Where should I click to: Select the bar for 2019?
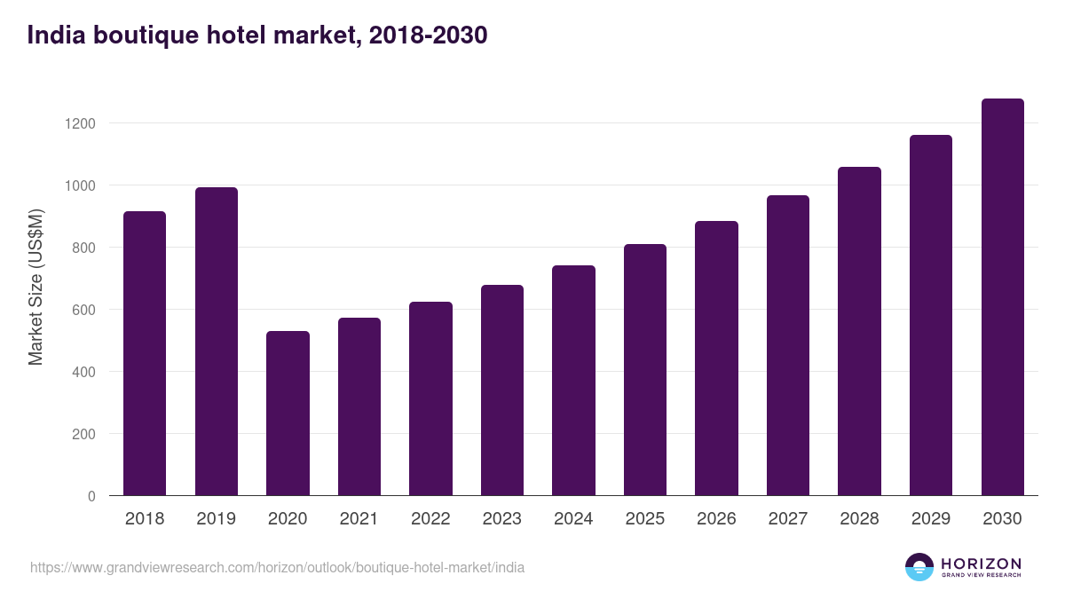pos(217,342)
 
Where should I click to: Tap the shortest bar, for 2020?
pos(288,414)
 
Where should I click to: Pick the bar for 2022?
pos(430,398)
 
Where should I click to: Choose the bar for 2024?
pos(573,381)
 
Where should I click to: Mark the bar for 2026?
pos(716,359)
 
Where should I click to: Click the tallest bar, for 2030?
pos(1002,297)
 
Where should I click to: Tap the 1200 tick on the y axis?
pos(79,123)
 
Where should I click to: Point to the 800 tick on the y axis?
pos(83,248)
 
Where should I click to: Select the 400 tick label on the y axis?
pos(83,372)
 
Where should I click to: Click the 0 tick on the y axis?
pos(91,496)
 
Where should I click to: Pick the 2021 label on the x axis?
pos(359,519)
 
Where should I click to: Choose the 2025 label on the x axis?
pos(645,519)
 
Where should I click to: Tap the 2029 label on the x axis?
pos(931,519)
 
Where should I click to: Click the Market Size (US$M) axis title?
pos(35,288)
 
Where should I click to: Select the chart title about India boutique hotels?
pos(257,35)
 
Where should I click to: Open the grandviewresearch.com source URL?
pos(277,567)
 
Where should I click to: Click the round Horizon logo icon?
pos(919,567)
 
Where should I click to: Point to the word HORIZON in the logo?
pos(981,563)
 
